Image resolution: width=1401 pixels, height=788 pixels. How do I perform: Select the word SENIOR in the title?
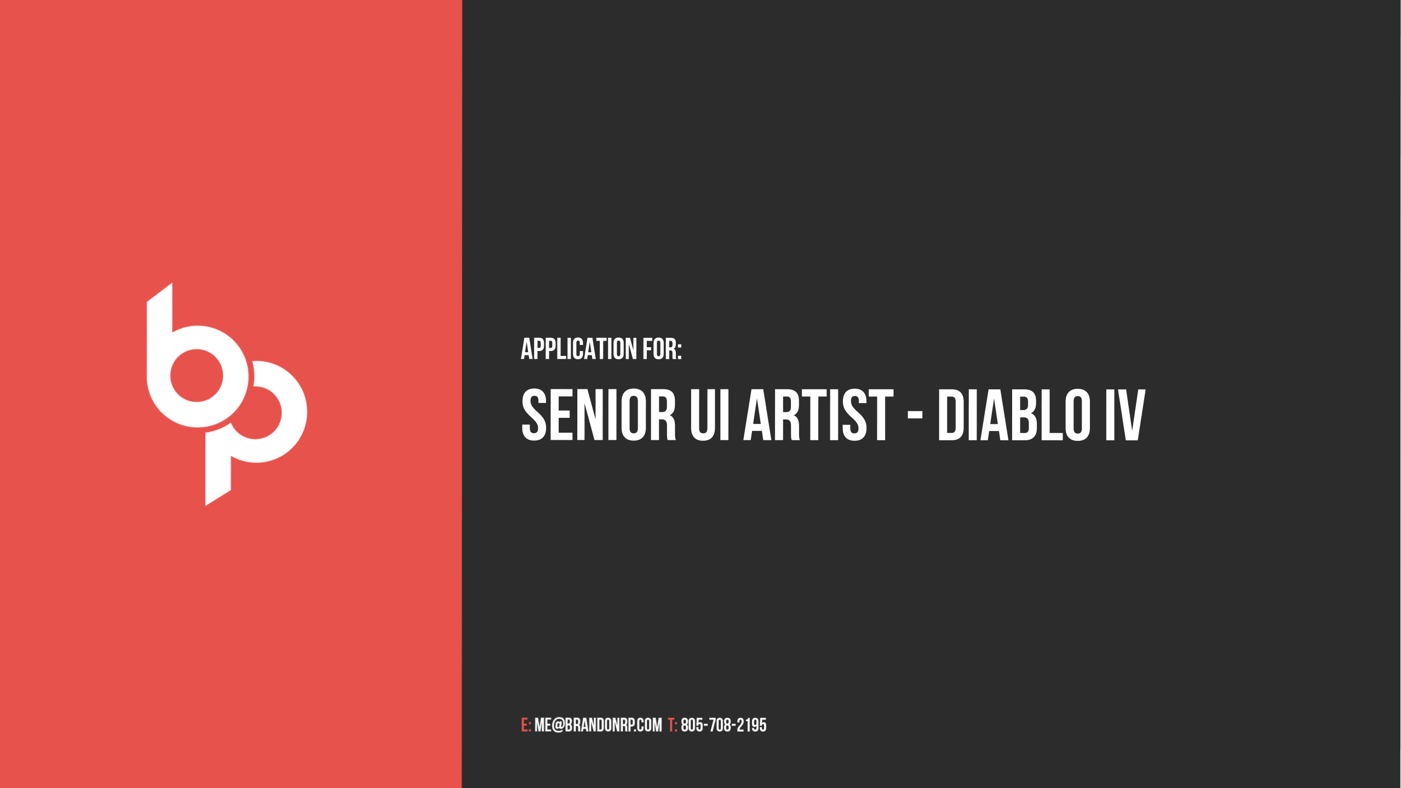[599, 415]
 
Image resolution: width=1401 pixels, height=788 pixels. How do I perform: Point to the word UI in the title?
[709, 415]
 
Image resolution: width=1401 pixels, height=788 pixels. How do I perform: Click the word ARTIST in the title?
[818, 415]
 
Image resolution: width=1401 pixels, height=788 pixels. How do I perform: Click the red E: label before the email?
[526, 725]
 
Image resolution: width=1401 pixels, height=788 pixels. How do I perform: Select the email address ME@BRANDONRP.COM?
[598, 725]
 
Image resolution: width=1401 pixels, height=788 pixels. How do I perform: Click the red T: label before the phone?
[673, 725]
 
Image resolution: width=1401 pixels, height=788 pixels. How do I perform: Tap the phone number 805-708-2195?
[724, 725]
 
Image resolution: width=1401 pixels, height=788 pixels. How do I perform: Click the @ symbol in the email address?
[558, 725]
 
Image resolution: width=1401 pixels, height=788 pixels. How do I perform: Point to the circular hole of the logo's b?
[197, 376]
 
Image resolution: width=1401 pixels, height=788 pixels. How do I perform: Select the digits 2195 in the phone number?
[751, 725]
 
